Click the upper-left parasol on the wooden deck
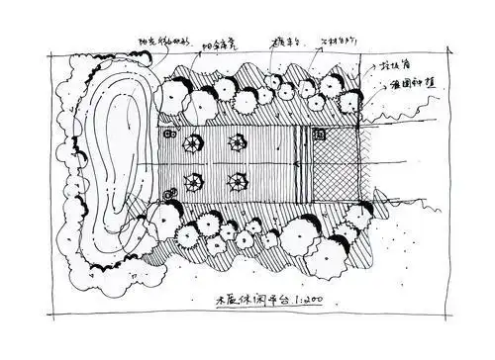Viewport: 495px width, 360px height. [188, 143]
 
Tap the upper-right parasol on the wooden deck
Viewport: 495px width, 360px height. [237, 142]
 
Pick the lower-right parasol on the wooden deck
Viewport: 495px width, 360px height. [237, 181]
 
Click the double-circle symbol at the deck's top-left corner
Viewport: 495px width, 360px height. [169, 133]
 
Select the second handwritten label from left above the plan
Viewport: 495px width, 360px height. [222, 43]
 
